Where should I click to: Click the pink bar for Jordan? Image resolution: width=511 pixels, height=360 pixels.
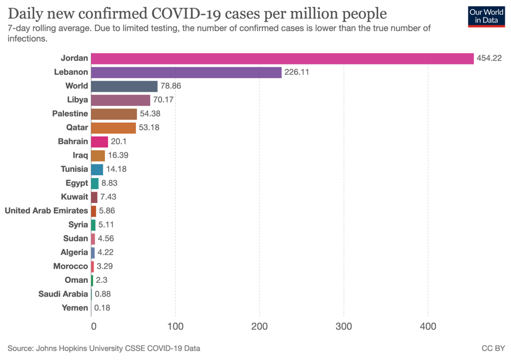[282, 58]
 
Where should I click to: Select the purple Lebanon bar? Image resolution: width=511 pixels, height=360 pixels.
[186, 72]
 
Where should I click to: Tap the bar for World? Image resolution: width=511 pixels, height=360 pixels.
[124, 86]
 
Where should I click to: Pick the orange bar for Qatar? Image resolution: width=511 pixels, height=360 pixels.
[113, 128]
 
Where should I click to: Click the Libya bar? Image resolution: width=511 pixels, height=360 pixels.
[120, 100]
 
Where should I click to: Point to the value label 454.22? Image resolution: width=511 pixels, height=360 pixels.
[489, 58]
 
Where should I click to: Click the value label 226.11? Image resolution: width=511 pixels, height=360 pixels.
[297, 72]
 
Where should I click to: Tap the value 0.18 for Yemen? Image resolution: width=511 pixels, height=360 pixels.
[102, 308]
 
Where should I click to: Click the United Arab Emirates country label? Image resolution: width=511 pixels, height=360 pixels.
[46, 210]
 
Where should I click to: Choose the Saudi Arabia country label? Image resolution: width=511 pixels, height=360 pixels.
[63, 294]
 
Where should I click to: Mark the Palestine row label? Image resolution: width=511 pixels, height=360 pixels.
[70, 114]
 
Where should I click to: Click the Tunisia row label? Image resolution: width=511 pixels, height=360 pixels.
[74, 169]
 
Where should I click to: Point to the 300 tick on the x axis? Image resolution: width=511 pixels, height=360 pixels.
[344, 327]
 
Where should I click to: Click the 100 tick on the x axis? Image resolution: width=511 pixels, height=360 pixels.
[176, 327]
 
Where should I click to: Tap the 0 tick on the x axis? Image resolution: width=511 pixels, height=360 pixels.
[93, 327]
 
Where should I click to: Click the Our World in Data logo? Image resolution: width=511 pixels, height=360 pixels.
[487, 16]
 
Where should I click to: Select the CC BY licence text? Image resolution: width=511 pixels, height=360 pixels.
[492, 348]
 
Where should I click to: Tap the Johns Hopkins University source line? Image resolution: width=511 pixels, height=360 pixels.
[104, 348]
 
